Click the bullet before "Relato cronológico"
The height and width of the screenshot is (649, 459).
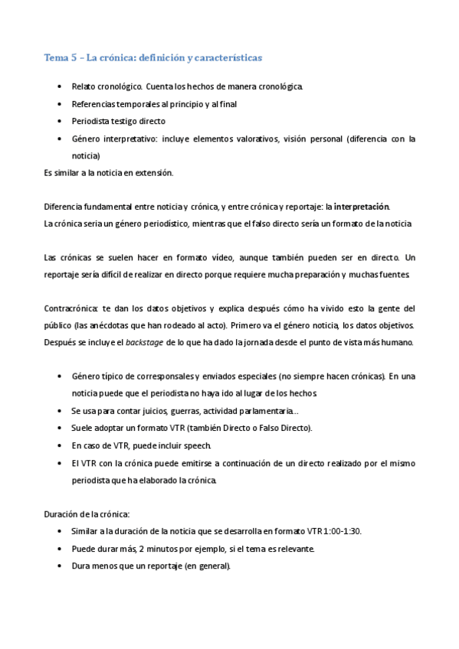tap(61, 86)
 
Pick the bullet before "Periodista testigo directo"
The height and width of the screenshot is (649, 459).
tap(61, 121)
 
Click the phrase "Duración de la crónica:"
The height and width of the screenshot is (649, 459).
tap(87, 514)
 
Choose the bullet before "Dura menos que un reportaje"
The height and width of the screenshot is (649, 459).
tap(61, 566)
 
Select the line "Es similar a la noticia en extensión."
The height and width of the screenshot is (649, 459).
tap(109, 173)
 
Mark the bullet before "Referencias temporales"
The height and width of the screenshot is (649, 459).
tap(61, 104)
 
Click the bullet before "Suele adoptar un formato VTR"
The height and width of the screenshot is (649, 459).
tap(61, 429)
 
